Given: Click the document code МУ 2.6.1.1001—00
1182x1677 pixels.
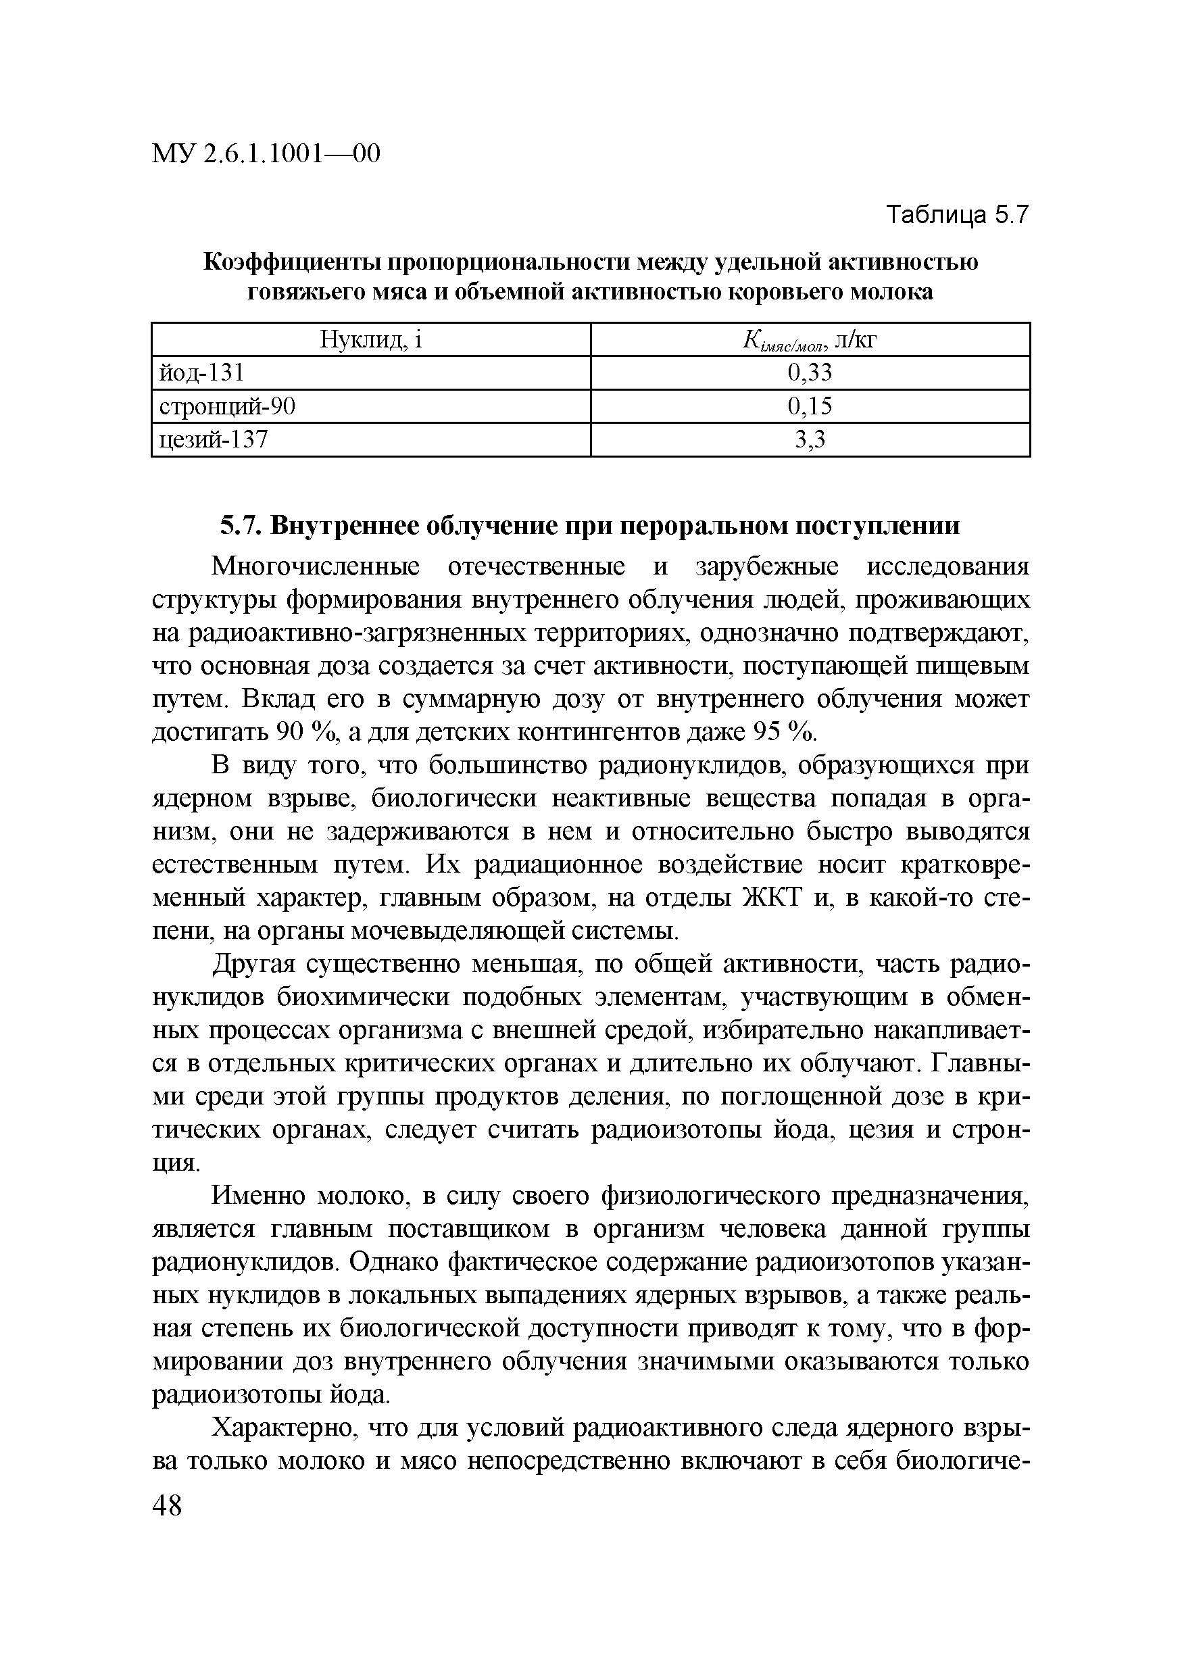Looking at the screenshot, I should point(266,154).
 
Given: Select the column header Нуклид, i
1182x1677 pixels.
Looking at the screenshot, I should point(371,339).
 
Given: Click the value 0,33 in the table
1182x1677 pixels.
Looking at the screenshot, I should point(810,373).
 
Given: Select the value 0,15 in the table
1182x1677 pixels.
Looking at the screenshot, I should point(810,406).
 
